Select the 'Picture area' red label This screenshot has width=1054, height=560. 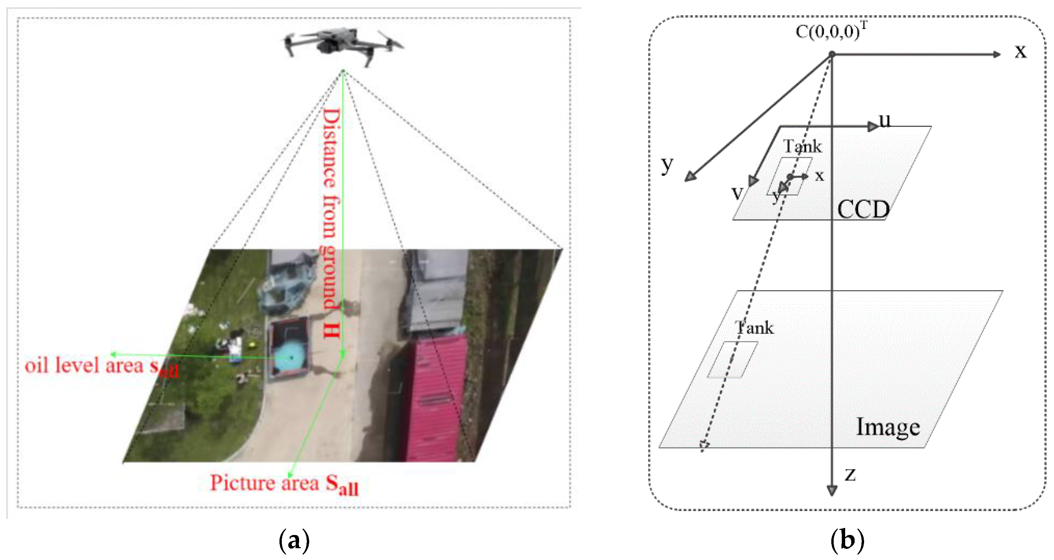pos(284,484)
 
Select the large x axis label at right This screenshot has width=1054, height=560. pos(1021,52)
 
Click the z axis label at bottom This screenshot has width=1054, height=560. pos(850,475)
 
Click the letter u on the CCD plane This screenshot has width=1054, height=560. pos(885,121)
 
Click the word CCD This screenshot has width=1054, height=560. pos(863,210)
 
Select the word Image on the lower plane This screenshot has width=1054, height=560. pos(888,427)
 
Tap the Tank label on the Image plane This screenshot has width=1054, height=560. pos(754,328)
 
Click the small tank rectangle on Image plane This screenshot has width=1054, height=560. pos(732,360)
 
